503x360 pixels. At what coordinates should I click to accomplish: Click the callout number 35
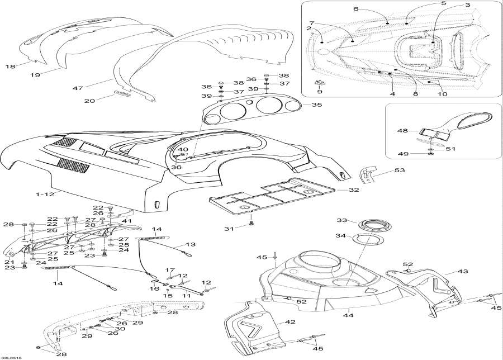(316, 105)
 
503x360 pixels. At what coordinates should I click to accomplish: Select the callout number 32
(353, 190)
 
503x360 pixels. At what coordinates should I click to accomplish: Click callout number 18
(10, 67)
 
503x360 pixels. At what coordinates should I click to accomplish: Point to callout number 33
(341, 220)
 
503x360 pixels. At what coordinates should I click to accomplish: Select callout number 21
(8, 262)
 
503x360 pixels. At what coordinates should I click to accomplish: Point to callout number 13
(192, 244)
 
